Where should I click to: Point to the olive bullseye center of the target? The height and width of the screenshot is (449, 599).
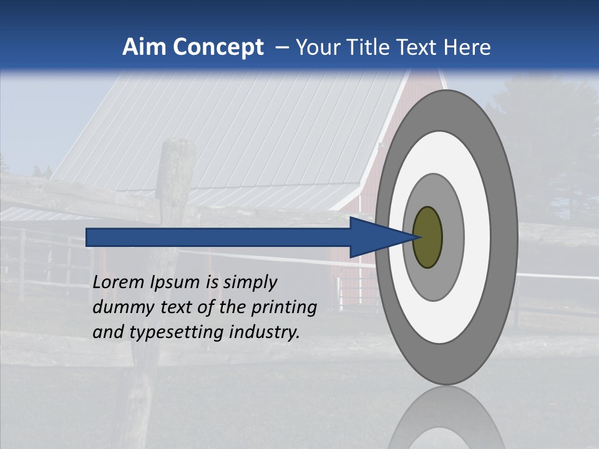[428, 238]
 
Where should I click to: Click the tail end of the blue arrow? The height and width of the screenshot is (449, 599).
[91, 238]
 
